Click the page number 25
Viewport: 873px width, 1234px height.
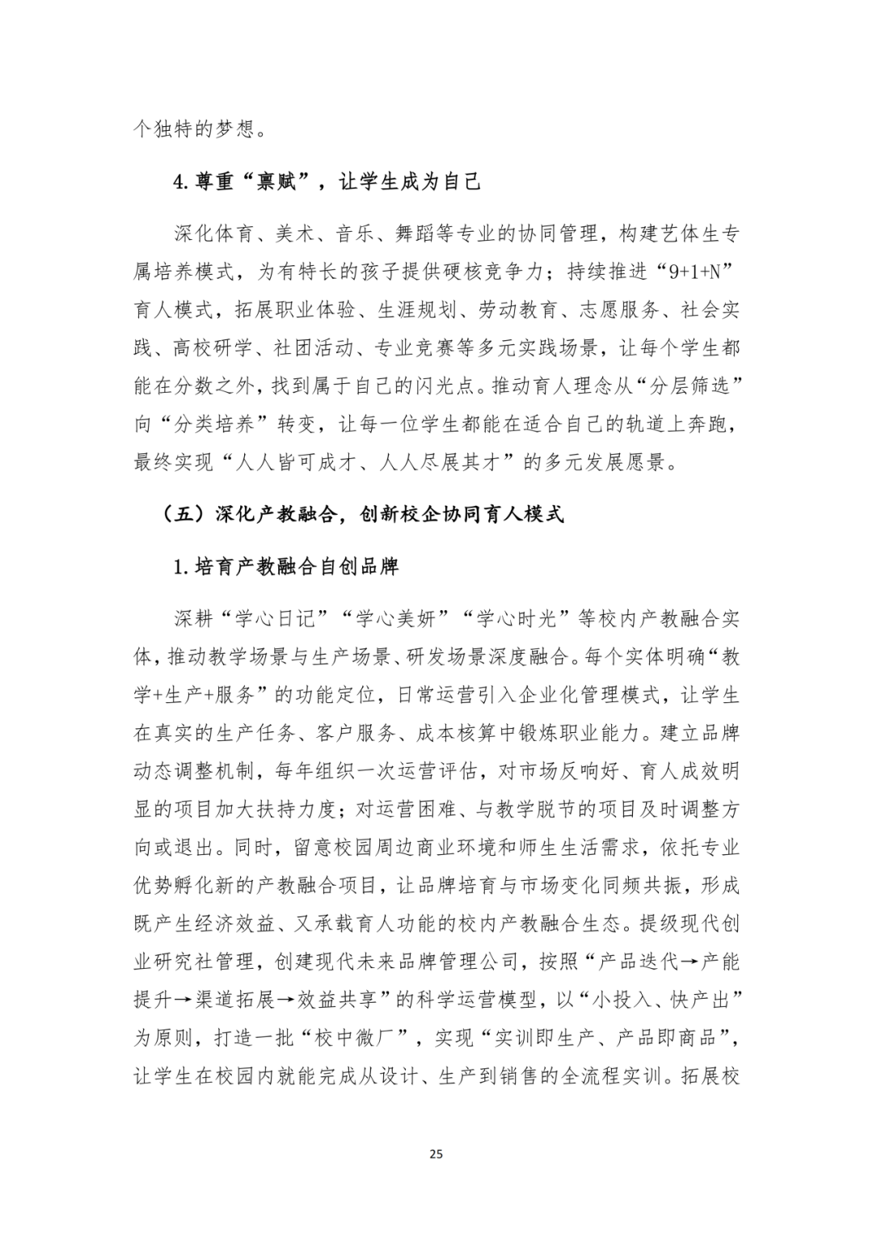436,1154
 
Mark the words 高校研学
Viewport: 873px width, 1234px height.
212,348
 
